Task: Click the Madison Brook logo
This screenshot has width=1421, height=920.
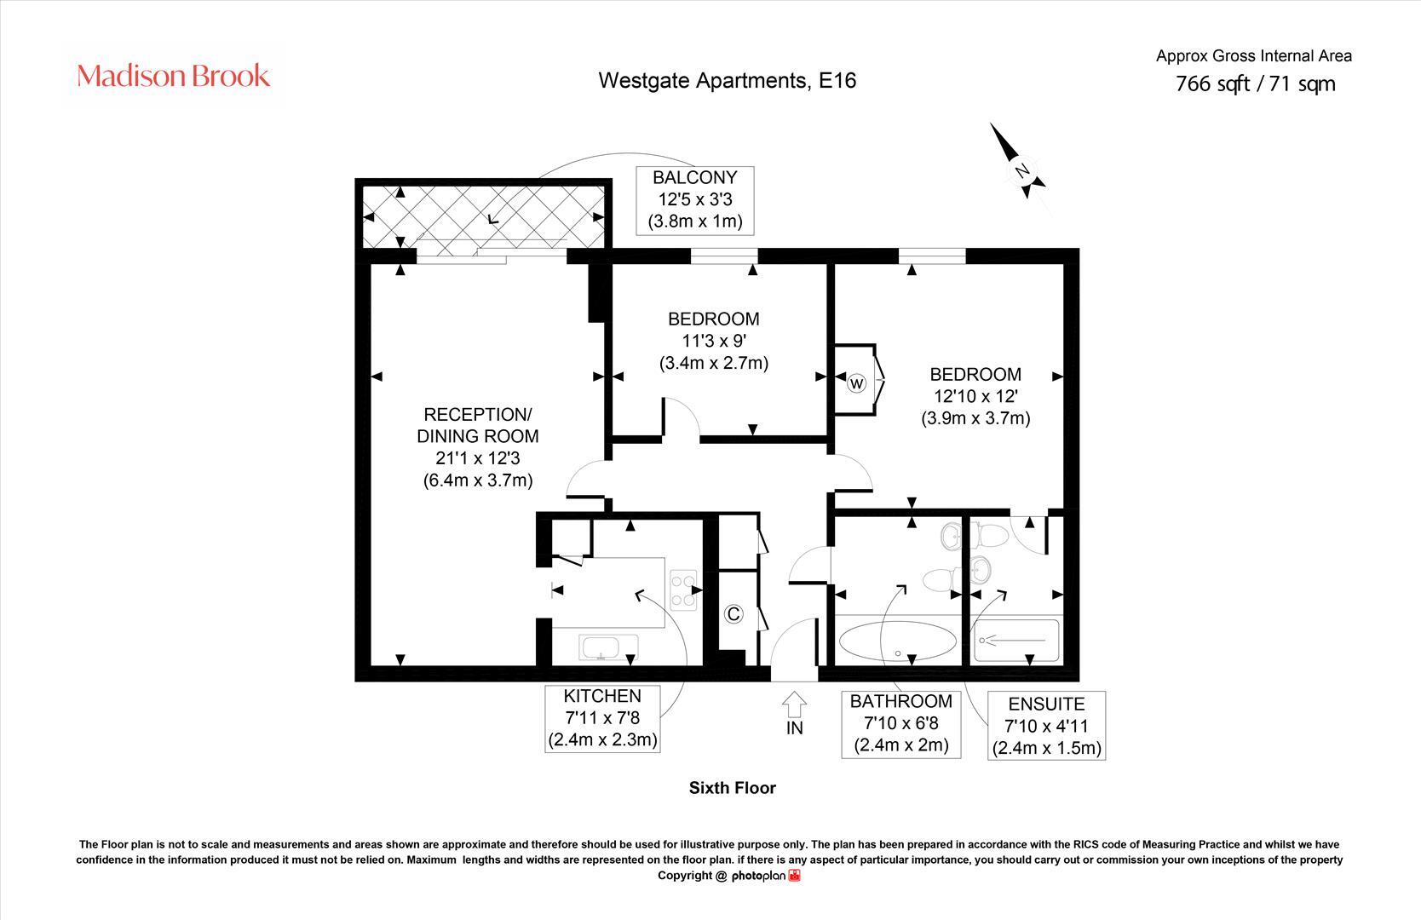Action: click(x=174, y=77)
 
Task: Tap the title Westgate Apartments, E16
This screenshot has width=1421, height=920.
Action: click(x=727, y=81)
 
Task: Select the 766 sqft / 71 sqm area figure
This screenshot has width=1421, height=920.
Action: click(x=1255, y=83)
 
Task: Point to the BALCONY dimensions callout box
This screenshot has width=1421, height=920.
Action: click(x=694, y=200)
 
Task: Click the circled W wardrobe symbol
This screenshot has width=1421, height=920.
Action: click(x=856, y=383)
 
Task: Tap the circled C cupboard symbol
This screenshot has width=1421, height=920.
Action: click(x=733, y=614)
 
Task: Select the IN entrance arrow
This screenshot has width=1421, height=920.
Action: click(x=794, y=705)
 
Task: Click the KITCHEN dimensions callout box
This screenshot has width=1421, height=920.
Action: click(x=602, y=718)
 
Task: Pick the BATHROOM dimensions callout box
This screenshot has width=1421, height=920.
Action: click(x=900, y=723)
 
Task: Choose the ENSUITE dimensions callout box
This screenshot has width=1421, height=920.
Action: click(x=1046, y=727)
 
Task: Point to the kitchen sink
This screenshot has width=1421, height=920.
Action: click(x=606, y=647)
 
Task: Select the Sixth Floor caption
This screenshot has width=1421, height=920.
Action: click(x=732, y=788)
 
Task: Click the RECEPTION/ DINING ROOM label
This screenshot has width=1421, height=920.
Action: click(x=478, y=447)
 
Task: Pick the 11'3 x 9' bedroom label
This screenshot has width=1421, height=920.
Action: click(x=714, y=341)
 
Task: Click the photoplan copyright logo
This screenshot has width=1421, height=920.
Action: click(x=765, y=876)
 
